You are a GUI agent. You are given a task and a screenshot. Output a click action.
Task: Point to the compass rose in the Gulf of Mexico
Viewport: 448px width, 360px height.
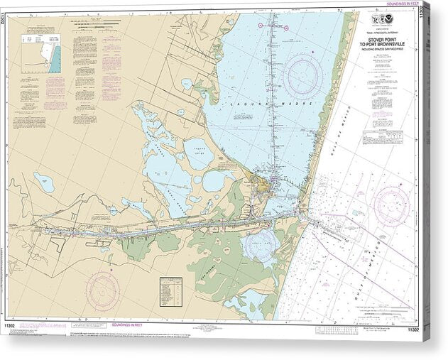391,205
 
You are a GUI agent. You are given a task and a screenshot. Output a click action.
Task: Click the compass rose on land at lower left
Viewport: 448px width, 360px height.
103,290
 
